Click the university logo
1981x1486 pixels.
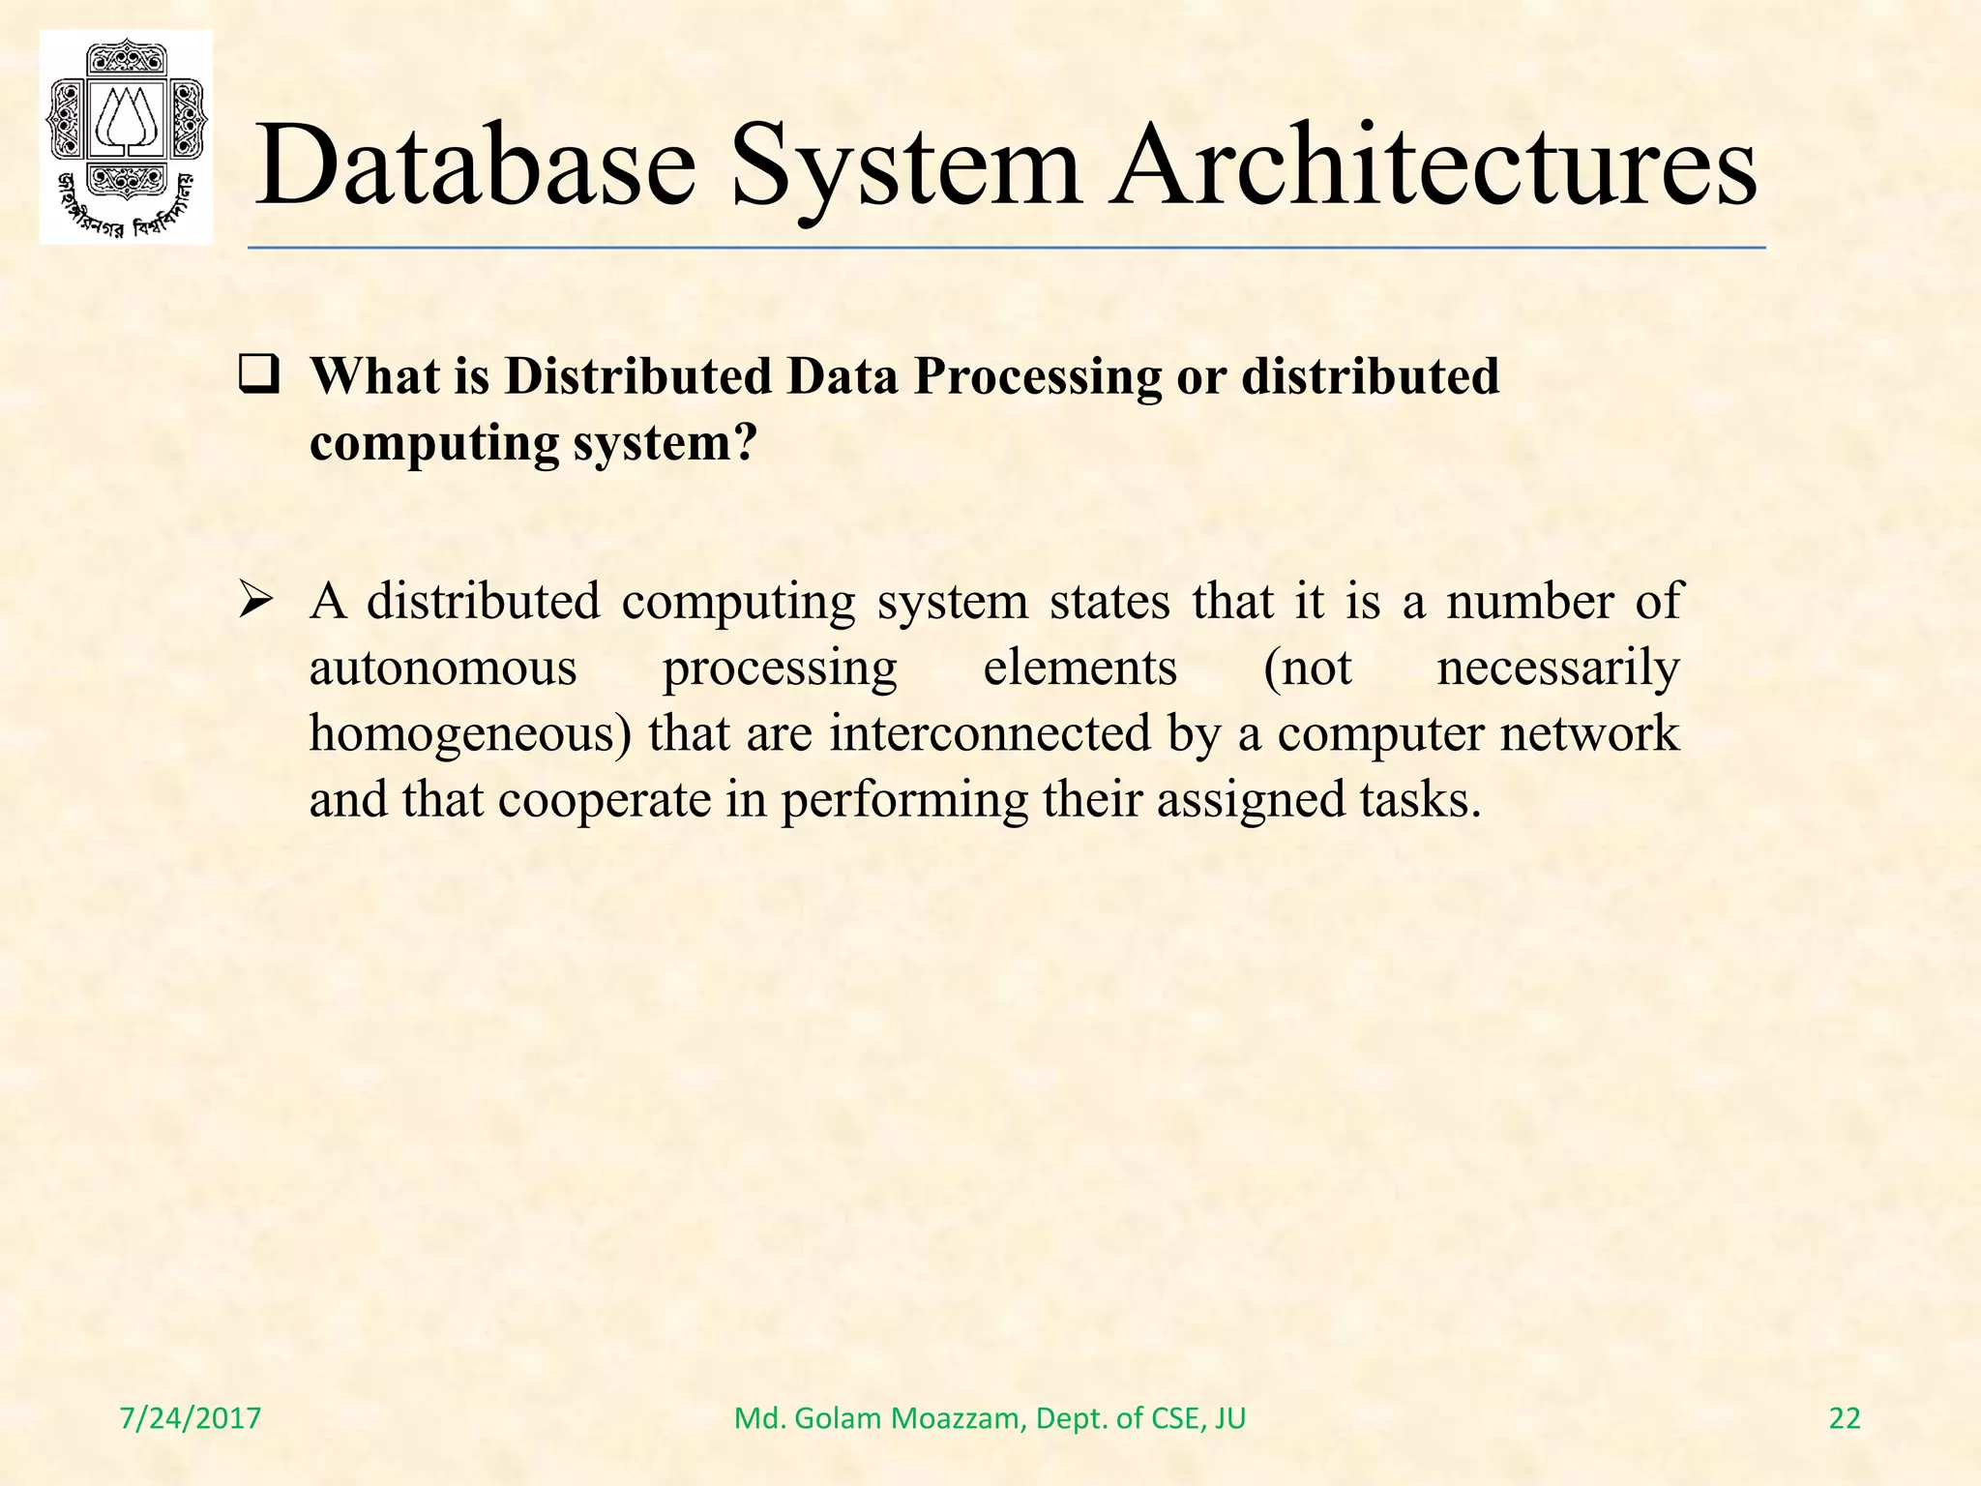(x=126, y=137)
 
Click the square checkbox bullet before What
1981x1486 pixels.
(x=259, y=376)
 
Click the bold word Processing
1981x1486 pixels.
(x=1038, y=378)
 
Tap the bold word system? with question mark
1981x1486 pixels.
(x=665, y=443)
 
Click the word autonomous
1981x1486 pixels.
(x=443, y=668)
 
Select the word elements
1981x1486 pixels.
(x=1080, y=668)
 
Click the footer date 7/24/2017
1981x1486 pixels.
(x=191, y=1418)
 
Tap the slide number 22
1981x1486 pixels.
(x=1845, y=1418)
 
